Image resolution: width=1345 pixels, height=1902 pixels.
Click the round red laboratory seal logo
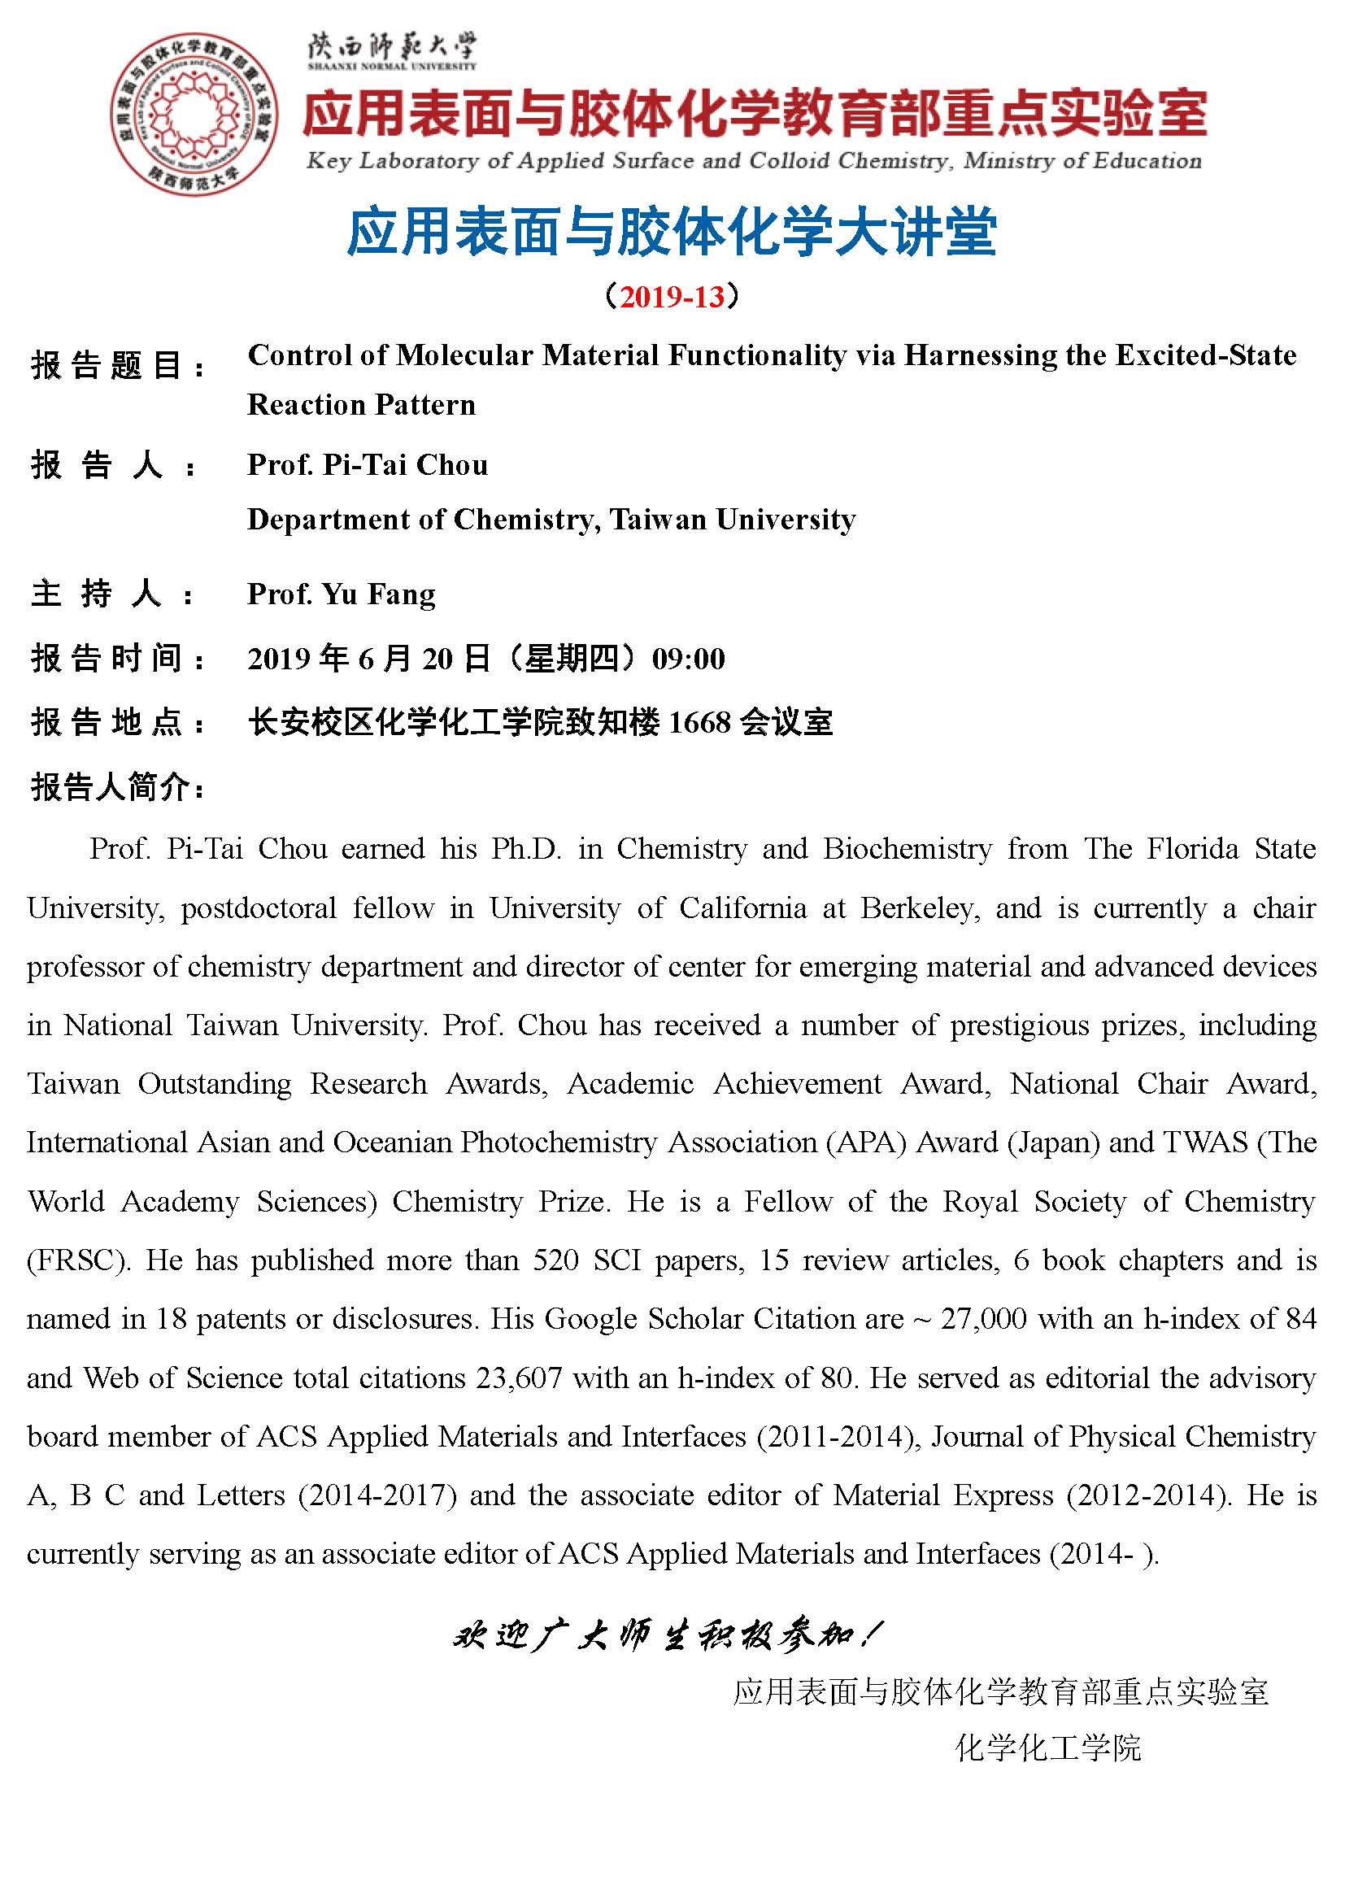coord(195,115)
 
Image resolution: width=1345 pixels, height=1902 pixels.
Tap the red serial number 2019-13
coord(672,297)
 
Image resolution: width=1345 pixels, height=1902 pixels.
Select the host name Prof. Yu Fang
coord(342,594)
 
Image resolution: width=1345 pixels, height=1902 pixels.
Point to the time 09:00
coord(688,659)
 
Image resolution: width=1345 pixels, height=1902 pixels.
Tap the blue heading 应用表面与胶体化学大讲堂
coord(672,231)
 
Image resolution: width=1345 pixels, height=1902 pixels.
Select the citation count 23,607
coord(520,1378)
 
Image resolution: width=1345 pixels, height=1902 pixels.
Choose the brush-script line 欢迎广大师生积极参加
coord(668,1652)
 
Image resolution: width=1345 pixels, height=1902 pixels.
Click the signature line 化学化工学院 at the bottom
coord(1048,1748)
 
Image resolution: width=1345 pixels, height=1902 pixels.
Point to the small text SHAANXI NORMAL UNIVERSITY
coord(392,66)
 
